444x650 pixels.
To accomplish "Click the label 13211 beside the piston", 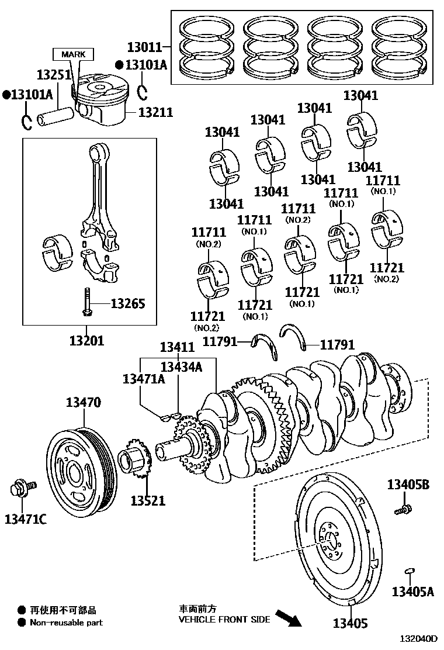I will click(155, 111).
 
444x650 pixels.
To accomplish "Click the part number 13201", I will click(86, 340).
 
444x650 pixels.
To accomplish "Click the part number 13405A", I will click(412, 592).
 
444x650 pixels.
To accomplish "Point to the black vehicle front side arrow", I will click(289, 618).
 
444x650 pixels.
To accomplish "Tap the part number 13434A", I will click(181, 367).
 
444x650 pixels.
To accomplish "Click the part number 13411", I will click(177, 347).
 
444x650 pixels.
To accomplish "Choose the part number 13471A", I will click(143, 379).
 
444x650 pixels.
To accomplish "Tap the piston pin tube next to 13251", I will click(55, 115).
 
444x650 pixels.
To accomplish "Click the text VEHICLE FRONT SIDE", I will click(224, 619).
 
